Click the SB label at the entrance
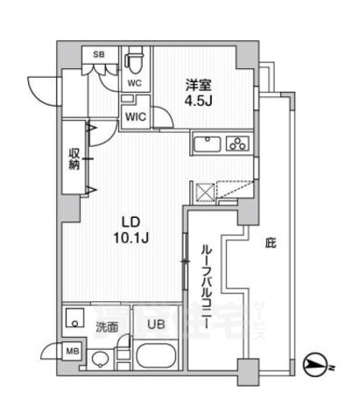pyautogui.click(x=99, y=55)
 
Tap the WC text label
pyautogui.click(x=134, y=84)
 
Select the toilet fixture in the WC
pyautogui.click(x=134, y=63)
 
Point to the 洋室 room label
pyautogui.click(x=196, y=84)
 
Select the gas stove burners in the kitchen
pyautogui.click(x=236, y=144)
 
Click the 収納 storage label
pyautogui.click(x=75, y=158)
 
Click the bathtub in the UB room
pyautogui.click(x=156, y=358)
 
